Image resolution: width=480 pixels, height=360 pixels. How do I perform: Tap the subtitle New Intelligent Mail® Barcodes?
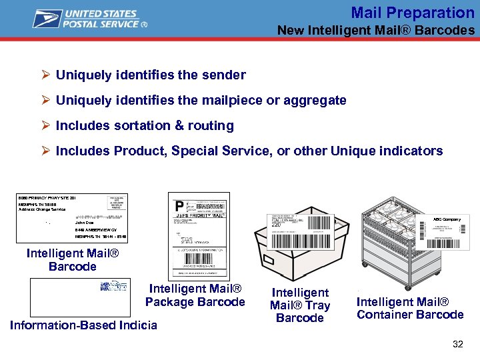point(376,30)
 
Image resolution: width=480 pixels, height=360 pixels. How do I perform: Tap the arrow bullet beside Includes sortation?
point(46,125)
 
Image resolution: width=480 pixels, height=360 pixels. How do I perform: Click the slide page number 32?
point(457,344)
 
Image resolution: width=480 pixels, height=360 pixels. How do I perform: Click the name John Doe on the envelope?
point(85,223)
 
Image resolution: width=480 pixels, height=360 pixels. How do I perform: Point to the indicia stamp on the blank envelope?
point(113,285)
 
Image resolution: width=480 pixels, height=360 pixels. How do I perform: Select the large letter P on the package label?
point(179,206)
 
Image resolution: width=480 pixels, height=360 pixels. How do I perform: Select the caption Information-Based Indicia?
point(83,325)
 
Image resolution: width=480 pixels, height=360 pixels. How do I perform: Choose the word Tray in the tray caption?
point(317,305)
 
